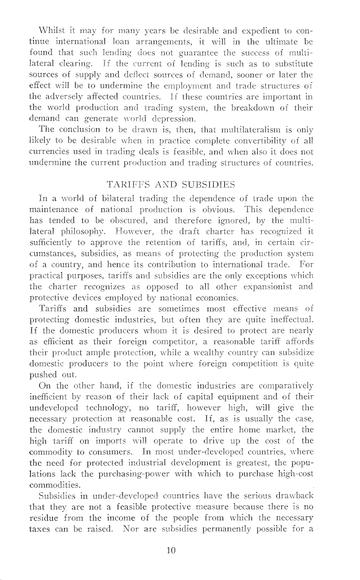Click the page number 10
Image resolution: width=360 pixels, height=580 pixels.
coord(172,550)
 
